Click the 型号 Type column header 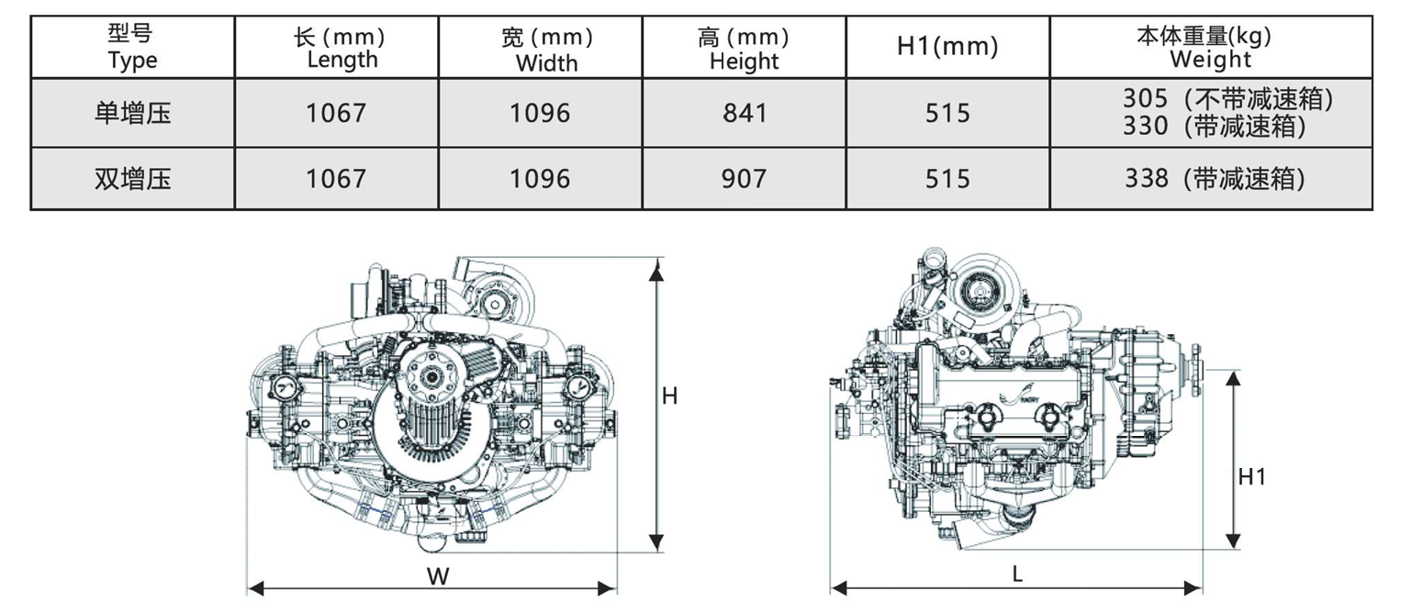click(x=132, y=47)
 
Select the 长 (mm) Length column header click(x=337, y=48)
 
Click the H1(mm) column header click(x=947, y=47)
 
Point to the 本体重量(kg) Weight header click(x=1210, y=48)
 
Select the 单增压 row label click(x=132, y=113)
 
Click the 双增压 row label click(x=132, y=178)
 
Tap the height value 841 click(x=744, y=113)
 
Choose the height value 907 click(x=744, y=178)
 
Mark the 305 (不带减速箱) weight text click(x=1227, y=98)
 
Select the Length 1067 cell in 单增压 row click(x=336, y=113)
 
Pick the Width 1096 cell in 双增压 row click(x=540, y=178)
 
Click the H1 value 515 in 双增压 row click(x=947, y=178)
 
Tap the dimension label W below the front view click(x=439, y=575)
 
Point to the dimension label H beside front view click(x=670, y=396)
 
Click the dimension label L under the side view click(x=1017, y=574)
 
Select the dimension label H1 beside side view click(x=1251, y=476)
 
